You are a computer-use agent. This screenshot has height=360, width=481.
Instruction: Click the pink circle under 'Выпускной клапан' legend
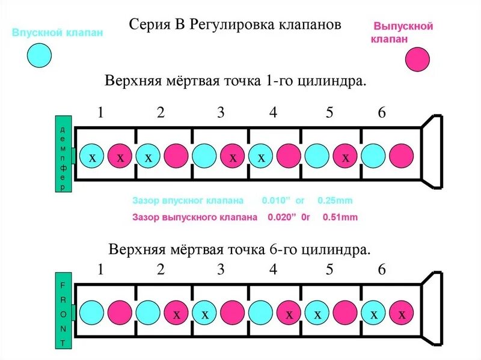coord(417,60)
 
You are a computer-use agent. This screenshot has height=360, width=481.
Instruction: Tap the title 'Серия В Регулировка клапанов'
coord(235,25)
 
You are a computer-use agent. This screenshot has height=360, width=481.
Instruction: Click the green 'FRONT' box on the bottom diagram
coord(63,314)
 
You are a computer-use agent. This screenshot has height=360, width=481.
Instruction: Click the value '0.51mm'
coord(340,218)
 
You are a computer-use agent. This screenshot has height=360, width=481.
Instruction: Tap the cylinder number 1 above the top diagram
coord(100,112)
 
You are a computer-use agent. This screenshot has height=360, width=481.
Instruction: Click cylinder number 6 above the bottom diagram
coord(381,270)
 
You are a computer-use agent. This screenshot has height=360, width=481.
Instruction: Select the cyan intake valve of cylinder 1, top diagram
coord(92,157)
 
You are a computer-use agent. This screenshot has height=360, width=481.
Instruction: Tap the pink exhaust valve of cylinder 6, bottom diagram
coord(402,314)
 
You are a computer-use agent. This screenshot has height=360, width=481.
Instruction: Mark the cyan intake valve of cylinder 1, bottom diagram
coord(92,314)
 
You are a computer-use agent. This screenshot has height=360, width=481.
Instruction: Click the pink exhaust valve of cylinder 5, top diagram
coord(346,157)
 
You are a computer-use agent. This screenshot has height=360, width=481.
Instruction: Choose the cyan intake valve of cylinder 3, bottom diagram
coord(204,314)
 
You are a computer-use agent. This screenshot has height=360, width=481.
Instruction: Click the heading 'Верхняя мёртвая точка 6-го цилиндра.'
coord(239,249)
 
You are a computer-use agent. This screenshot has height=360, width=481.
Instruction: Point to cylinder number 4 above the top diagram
coord(273,112)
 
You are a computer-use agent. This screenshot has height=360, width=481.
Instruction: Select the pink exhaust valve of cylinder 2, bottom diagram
coord(177,314)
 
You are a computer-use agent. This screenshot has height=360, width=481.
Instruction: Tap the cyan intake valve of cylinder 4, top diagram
coord(261,157)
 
